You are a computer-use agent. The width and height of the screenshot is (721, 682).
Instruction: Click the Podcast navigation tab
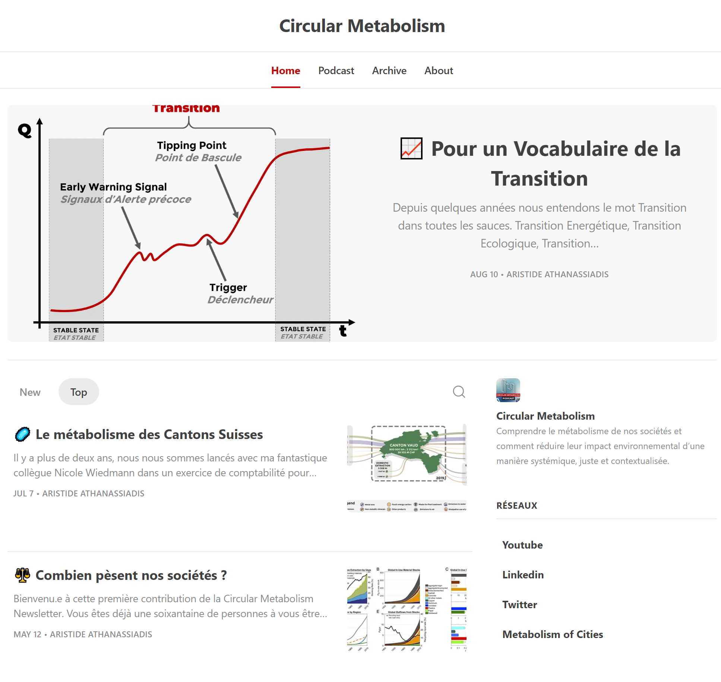[336, 70]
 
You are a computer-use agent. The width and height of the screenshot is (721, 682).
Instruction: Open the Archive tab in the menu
[389, 70]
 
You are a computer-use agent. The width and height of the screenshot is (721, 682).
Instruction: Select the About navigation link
[439, 70]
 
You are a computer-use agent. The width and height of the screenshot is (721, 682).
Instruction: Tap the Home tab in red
[285, 70]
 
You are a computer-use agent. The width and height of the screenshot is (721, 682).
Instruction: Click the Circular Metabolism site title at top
[362, 26]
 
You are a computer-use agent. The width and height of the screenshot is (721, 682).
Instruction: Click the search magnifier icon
[459, 392]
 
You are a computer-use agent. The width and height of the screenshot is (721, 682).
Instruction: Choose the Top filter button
[79, 392]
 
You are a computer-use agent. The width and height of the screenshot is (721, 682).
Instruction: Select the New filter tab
[30, 392]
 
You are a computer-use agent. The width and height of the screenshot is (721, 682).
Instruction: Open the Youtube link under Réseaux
[522, 545]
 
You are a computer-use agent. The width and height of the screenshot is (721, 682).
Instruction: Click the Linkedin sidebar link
[523, 575]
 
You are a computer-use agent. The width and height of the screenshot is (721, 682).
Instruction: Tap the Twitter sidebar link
[519, 604]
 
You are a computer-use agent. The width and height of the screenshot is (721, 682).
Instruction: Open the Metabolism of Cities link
[553, 634]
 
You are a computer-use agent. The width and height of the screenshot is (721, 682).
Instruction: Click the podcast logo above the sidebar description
[508, 390]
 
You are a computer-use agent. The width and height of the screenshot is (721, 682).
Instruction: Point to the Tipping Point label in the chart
[192, 145]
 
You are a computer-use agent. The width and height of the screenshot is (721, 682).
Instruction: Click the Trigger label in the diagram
[228, 287]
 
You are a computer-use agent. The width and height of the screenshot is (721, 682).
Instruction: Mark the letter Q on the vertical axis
[25, 130]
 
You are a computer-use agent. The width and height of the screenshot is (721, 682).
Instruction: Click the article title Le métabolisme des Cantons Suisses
[149, 435]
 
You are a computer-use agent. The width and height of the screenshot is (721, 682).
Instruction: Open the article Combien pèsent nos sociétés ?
[131, 575]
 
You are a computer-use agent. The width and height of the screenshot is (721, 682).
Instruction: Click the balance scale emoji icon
[22, 575]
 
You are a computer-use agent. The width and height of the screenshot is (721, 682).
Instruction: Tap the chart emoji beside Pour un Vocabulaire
[411, 148]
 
